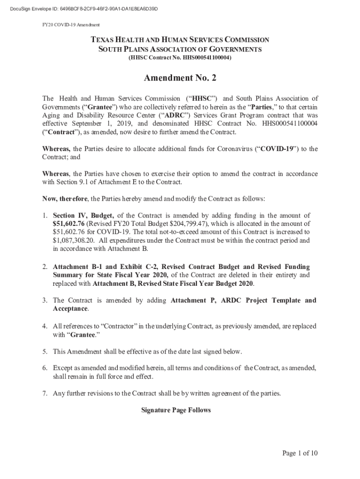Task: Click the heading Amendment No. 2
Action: pos(180,78)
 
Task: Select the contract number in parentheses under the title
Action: pos(180,58)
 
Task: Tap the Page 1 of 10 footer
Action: pos(300,453)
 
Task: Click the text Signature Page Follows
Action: pos(176,410)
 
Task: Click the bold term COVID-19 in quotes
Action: pos(277,149)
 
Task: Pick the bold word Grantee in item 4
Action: pos(81,334)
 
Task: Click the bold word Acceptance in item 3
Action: pos(70,309)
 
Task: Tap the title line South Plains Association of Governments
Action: pos(180,49)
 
